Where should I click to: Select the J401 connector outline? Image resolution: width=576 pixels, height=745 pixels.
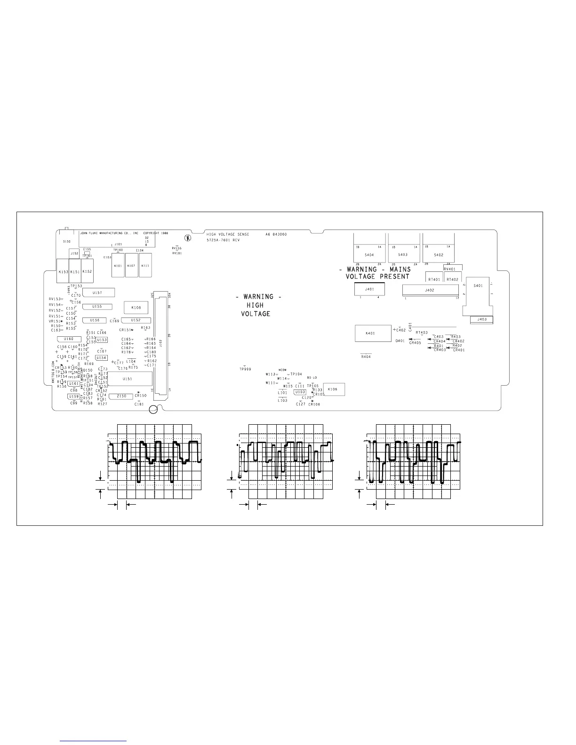[x=369, y=290]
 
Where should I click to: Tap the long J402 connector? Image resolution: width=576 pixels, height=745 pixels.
[x=430, y=290]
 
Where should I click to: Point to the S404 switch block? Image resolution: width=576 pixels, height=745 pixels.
[x=369, y=254]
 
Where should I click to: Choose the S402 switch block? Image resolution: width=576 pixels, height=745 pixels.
[x=438, y=254]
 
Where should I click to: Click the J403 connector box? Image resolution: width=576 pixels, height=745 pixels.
[x=481, y=319]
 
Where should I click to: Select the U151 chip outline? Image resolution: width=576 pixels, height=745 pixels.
[x=130, y=379]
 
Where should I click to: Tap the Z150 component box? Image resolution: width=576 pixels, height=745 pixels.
[x=121, y=396]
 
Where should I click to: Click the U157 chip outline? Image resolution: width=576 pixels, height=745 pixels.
[x=98, y=293]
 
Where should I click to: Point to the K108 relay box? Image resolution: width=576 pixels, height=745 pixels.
[x=136, y=308]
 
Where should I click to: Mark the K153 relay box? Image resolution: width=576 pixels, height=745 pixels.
[x=63, y=271]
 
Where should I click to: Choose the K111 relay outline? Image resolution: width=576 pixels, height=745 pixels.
[x=145, y=265]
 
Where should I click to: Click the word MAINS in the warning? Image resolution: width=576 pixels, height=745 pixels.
[x=400, y=269]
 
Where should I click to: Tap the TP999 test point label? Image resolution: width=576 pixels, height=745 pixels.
[x=245, y=369]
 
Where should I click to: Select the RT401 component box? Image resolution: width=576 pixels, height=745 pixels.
[x=434, y=279]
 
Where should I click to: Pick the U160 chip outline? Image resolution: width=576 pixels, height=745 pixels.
[x=68, y=339]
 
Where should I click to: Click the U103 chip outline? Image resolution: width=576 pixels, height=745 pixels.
[x=300, y=392]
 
